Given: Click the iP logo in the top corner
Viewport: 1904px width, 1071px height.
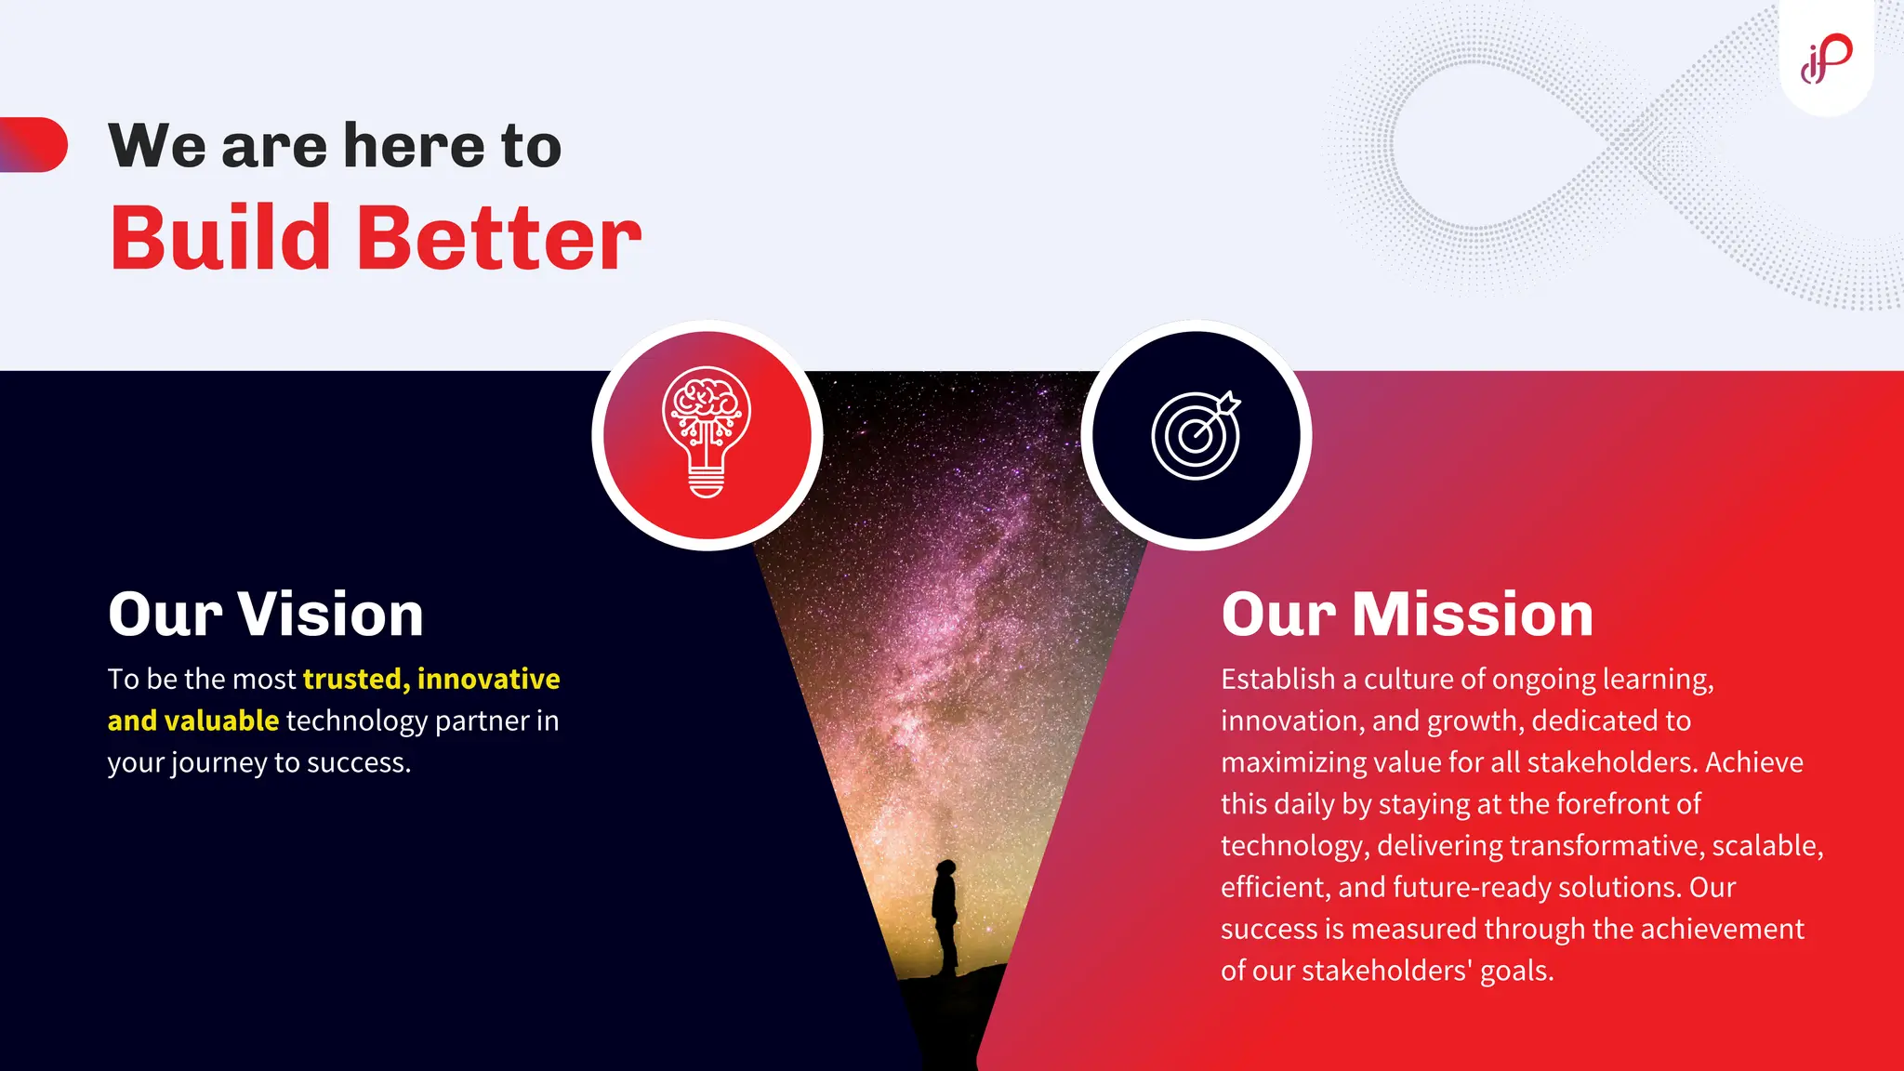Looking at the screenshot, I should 1827,58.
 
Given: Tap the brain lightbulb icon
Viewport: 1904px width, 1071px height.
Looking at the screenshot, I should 707,432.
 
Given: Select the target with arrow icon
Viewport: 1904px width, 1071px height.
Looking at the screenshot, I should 1196,434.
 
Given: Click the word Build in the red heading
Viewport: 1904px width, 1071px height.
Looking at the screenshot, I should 220,239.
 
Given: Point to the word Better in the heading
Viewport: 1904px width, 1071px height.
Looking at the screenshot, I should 498,239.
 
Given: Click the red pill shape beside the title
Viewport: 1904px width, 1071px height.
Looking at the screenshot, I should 34,144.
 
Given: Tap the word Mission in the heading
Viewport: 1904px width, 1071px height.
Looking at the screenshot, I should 1473,615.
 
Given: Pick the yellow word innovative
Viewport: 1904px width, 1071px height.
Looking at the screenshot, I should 488,679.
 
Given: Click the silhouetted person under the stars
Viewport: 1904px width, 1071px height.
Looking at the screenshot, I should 945,916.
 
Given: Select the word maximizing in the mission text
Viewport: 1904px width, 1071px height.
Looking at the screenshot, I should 1292,762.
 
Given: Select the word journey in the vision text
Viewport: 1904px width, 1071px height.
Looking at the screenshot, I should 219,763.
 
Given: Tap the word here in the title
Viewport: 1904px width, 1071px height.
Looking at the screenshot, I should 414,146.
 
